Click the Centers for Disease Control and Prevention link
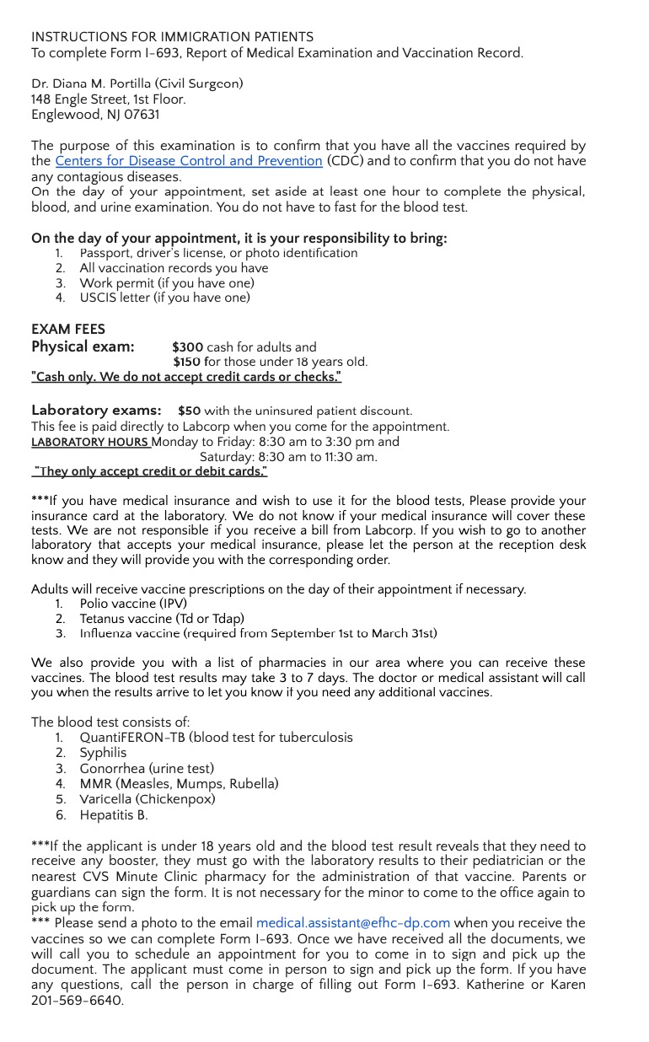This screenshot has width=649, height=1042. [189, 161]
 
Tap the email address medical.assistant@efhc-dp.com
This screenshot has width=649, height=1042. [353, 923]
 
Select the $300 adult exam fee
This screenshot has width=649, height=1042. [188, 346]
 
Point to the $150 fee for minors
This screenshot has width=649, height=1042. [188, 362]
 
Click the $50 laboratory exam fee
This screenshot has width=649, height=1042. [189, 411]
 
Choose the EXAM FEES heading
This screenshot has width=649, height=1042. [68, 329]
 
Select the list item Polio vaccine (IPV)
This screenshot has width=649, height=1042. [133, 604]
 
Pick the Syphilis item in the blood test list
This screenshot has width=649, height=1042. [103, 753]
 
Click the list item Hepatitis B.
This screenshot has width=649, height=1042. [114, 814]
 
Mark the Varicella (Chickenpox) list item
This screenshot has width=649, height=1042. [147, 799]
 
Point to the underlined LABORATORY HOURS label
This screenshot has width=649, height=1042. [90, 442]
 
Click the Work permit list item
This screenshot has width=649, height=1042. [166, 283]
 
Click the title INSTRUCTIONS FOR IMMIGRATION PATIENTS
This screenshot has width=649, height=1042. [172, 37]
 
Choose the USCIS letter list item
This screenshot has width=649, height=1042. [164, 298]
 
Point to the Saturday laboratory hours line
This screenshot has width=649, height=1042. [288, 457]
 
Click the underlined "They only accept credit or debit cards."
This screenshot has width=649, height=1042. [150, 471]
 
